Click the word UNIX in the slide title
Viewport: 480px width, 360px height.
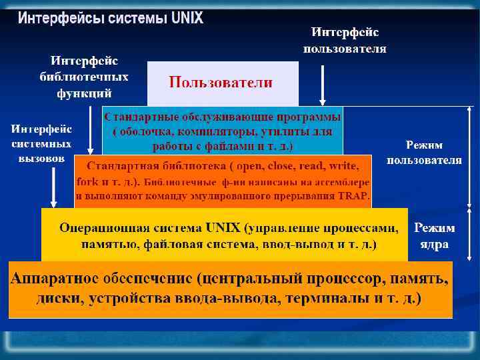coord(187,18)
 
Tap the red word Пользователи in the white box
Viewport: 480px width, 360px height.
coord(221,83)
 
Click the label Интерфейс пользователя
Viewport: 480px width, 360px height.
coord(345,40)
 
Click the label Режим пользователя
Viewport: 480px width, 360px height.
coord(424,152)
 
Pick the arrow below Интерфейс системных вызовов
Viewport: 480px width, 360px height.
coord(53,186)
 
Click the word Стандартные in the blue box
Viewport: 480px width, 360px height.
coord(137,117)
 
